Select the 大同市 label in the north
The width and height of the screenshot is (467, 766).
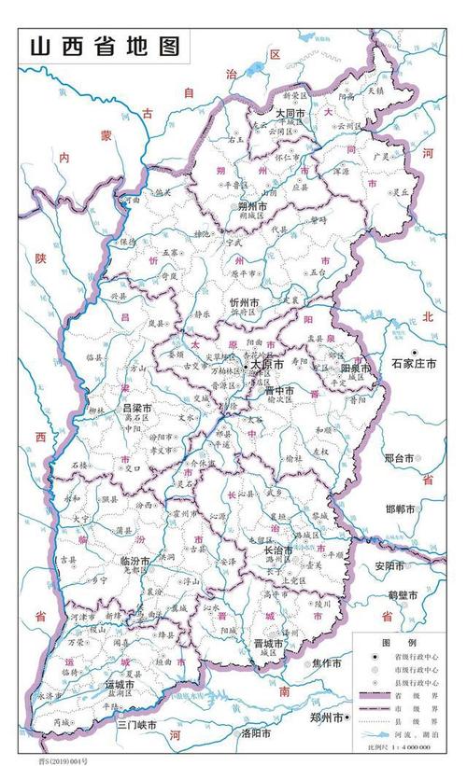click(291, 113)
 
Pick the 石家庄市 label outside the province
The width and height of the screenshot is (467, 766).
click(414, 362)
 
